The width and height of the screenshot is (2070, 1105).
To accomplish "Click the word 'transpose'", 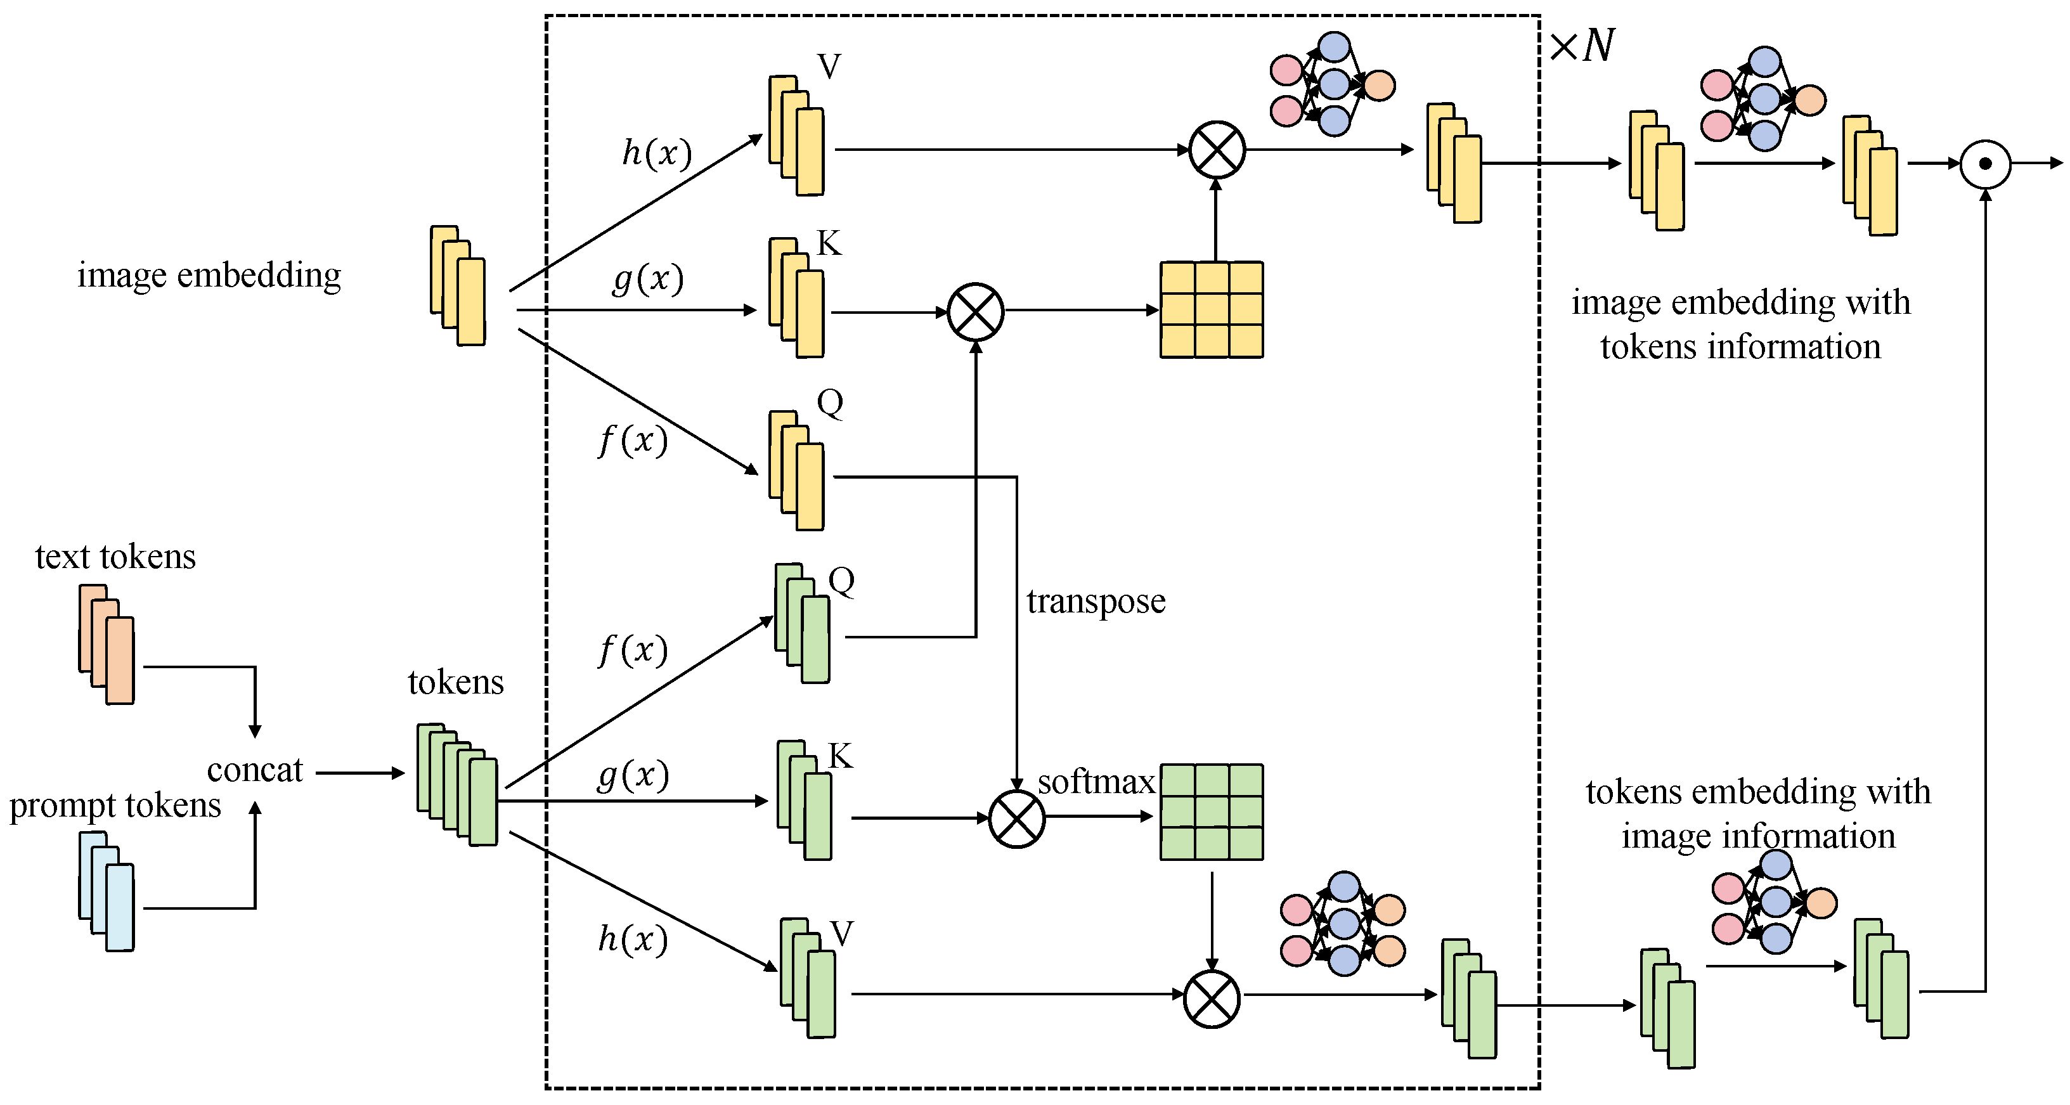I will click(1096, 601).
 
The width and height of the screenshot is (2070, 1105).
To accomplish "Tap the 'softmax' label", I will click(1096, 781).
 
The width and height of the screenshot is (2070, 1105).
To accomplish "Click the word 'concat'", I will click(255, 770).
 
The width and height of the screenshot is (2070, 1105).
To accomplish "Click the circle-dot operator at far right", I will click(1985, 164).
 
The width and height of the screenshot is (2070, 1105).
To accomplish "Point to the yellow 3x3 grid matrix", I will click(1211, 309).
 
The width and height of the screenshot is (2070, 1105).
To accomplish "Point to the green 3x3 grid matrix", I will click(1211, 811).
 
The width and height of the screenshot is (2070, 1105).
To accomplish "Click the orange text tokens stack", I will click(107, 645).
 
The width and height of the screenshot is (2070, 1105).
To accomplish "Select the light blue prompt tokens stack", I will click(107, 891).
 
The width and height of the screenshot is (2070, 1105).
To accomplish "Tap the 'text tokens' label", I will click(115, 556).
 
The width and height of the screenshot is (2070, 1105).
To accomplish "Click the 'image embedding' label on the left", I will click(209, 275).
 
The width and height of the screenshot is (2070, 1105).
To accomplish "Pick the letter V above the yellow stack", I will click(829, 66).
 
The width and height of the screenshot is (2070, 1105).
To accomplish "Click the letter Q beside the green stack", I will click(841, 579).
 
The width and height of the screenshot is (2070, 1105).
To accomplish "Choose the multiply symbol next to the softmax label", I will click(1016, 819).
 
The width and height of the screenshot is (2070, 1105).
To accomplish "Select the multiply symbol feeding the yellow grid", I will click(976, 312).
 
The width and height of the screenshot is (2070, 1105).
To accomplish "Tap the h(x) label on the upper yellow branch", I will click(657, 153).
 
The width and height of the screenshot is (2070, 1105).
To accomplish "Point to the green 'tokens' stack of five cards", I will click(457, 784).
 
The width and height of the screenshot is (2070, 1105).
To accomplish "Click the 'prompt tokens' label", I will click(115, 805).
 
